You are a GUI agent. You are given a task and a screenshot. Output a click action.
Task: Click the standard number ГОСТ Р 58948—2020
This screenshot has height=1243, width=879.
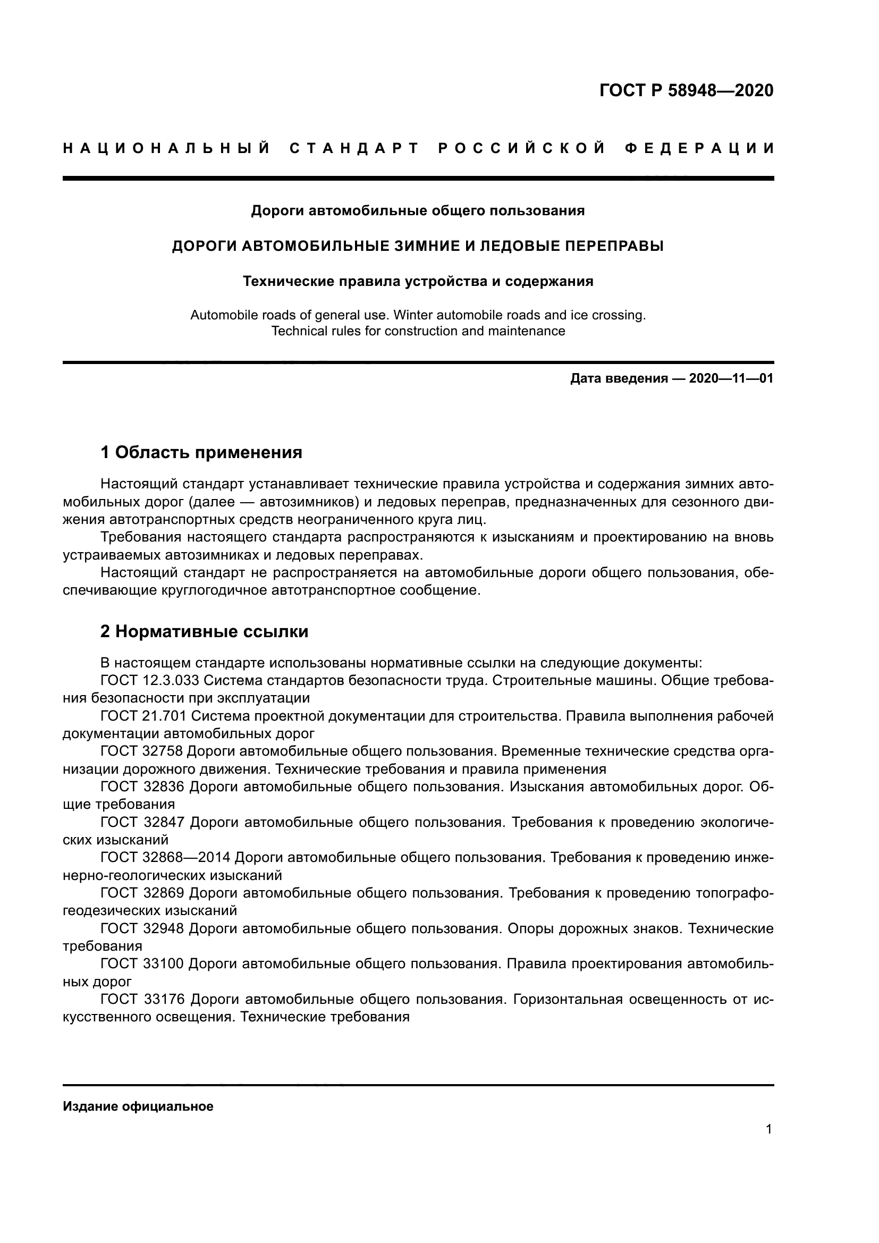(686, 90)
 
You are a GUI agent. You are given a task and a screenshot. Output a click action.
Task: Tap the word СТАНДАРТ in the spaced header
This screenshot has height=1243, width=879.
(354, 148)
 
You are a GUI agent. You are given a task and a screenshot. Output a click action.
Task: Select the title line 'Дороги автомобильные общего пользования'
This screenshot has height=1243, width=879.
(417, 210)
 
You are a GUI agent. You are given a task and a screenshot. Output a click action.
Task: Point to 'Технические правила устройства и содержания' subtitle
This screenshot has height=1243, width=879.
(417, 282)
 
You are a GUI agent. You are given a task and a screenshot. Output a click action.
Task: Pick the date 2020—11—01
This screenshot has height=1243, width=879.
(731, 378)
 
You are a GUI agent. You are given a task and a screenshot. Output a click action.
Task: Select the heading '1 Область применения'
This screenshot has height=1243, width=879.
(201, 452)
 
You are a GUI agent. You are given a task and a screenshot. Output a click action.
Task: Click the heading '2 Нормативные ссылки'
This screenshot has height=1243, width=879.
(204, 632)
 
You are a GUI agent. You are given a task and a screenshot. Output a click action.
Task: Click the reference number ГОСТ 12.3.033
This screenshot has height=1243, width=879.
(150, 681)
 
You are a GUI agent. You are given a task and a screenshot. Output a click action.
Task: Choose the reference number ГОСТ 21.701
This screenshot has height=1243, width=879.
(143, 716)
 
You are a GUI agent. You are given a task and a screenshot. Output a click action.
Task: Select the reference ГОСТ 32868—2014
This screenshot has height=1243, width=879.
(166, 858)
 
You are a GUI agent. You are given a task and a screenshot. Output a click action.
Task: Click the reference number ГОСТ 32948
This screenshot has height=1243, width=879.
(142, 928)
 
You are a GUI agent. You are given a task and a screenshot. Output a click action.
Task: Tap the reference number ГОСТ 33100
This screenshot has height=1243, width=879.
(142, 963)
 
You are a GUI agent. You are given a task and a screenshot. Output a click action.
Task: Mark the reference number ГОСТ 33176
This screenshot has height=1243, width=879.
(143, 1000)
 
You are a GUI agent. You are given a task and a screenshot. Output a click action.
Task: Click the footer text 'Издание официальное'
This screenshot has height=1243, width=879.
(138, 1106)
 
